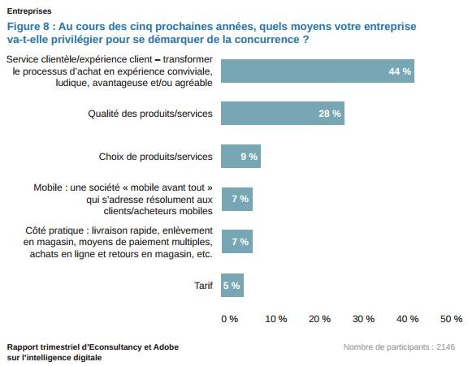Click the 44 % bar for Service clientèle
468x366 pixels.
(x=317, y=71)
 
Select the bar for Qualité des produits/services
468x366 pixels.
(x=282, y=114)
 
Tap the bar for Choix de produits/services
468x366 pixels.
(x=240, y=156)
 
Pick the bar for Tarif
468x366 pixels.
(x=232, y=285)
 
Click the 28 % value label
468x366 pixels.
(x=330, y=114)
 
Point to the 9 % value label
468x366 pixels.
(x=249, y=156)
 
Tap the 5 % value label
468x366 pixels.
(x=232, y=285)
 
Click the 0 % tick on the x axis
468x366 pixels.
(x=230, y=319)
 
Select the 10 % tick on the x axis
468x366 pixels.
(x=276, y=319)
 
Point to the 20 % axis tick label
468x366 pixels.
(x=320, y=319)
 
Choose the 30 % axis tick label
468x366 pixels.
(x=364, y=319)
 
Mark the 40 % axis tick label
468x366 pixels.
(x=408, y=319)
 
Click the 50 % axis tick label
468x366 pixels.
(x=451, y=319)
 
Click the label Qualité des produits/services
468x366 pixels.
(x=150, y=114)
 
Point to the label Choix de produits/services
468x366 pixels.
(x=156, y=156)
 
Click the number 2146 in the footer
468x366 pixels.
(x=445, y=347)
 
